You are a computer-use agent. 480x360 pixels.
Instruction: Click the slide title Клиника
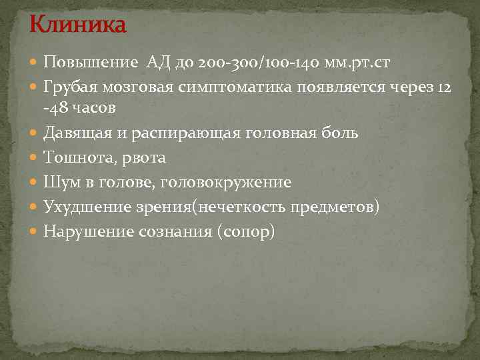(x=77, y=26)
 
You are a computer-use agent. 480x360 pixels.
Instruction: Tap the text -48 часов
(x=79, y=108)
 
